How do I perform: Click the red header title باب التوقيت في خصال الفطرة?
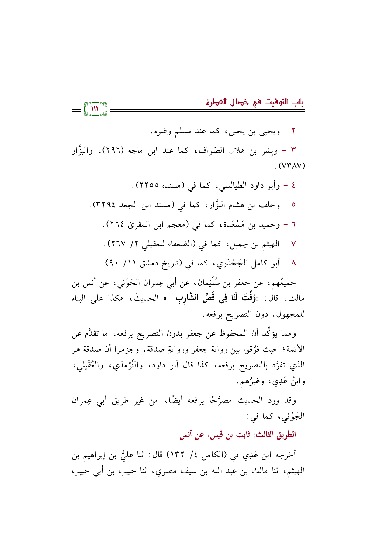click(255, 103)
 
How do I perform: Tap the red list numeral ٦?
click(293, 225)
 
